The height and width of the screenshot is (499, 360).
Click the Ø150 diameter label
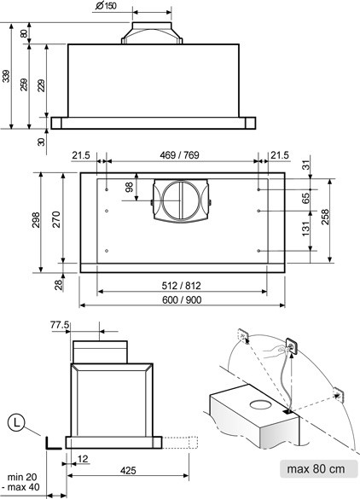[x=106, y=5]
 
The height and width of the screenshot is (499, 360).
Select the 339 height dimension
[x=6, y=76]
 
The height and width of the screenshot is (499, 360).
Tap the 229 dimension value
[x=42, y=85]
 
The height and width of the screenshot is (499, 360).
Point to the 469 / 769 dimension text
[x=179, y=155]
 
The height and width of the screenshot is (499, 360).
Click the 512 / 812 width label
[x=182, y=286]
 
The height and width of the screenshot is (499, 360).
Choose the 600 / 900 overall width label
[x=182, y=299]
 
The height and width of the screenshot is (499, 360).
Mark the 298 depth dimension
[x=36, y=219]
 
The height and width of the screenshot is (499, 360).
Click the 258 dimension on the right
[x=325, y=217]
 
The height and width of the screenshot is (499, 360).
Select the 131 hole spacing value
[x=305, y=229]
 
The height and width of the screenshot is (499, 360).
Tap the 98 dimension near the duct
[x=129, y=187]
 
